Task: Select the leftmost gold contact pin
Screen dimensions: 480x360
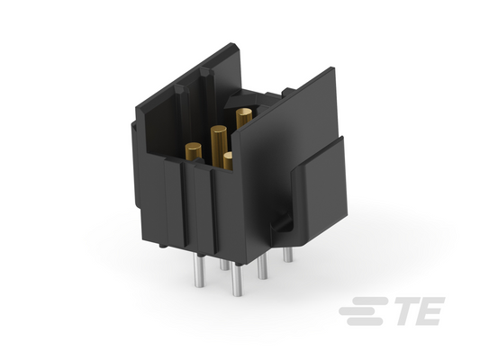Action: click(x=194, y=151)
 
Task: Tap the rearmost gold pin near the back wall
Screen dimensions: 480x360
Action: click(x=244, y=118)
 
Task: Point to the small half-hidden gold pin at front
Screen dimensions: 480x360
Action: click(x=228, y=161)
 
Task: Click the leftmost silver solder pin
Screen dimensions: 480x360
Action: click(x=199, y=271)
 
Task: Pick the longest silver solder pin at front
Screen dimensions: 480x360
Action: click(x=237, y=280)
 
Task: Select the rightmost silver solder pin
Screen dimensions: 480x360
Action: click(x=288, y=255)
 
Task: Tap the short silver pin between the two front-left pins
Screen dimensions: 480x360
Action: click(x=224, y=265)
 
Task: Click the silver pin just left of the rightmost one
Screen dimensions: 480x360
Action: click(x=262, y=267)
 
